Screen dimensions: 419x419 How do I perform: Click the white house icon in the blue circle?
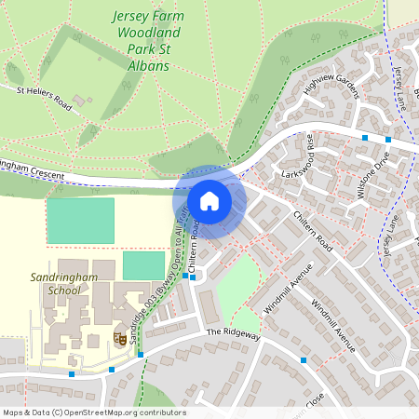pyautogui.click(x=209, y=201)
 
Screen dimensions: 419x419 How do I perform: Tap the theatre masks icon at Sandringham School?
pyautogui.click(x=119, y=338)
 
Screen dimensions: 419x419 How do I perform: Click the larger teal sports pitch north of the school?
pyautogui.click(x=80, y=221)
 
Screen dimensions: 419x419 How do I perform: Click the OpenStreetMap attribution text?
pyautogui.click(x=93, y=412)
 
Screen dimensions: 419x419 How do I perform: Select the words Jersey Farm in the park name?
pyautogui.click(x=145, y=17)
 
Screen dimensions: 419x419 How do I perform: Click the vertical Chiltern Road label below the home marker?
pyautogui.click(x=196, y=249)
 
